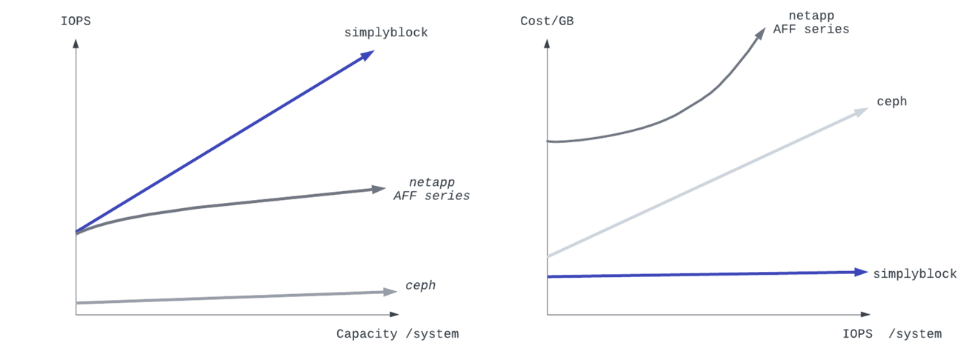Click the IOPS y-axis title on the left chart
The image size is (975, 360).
pos(76,21)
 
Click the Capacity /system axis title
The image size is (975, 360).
pos(397,334)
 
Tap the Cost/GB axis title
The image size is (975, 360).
pos(548,21)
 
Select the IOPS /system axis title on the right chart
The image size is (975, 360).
pos(891,334)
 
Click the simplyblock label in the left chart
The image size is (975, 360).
pos(386,33)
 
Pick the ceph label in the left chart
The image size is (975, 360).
pos(421,285)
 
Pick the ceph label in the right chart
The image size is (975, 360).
pos(891,102)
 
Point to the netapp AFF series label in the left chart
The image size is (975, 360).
pos(432,189)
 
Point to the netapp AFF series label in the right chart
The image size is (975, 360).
pos(811,23)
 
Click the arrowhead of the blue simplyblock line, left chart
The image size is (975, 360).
pos(368,54)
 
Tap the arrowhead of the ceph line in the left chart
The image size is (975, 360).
pos(391,291)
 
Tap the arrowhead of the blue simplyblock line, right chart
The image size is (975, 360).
pos(861,272)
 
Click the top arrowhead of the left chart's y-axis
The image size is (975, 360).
pos(76,44)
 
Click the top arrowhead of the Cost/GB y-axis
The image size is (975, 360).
pos(548,44)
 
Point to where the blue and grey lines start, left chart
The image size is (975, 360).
pos(76,233)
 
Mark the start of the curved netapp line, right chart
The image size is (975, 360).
pos(548,140)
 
